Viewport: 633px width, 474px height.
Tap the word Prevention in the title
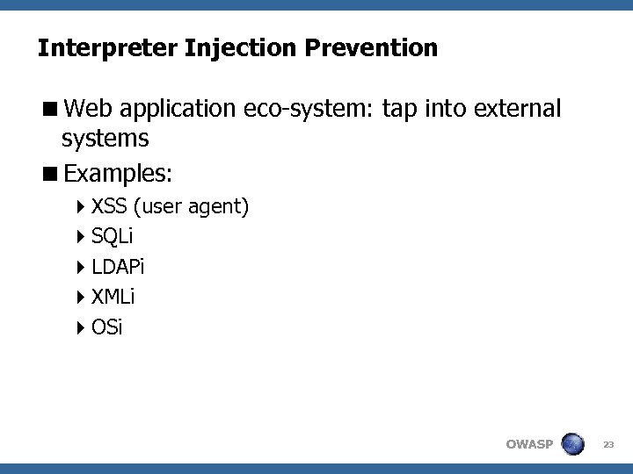tap(372, 47)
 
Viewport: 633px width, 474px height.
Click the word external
tap(517, 109)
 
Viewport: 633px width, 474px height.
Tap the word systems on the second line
tap(105, 139)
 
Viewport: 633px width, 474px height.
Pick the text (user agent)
tap(192, 207)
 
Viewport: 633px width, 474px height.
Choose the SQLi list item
tap(112, 237)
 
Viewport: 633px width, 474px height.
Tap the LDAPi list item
tap(118, 267)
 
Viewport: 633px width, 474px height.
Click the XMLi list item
tap(113, 298)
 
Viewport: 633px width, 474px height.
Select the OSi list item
tap(107, 328)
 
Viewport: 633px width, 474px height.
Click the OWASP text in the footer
tap(529, 444)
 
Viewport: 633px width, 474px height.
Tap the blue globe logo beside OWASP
tap(572, 443)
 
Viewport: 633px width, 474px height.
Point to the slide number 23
tap(608, 445)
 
